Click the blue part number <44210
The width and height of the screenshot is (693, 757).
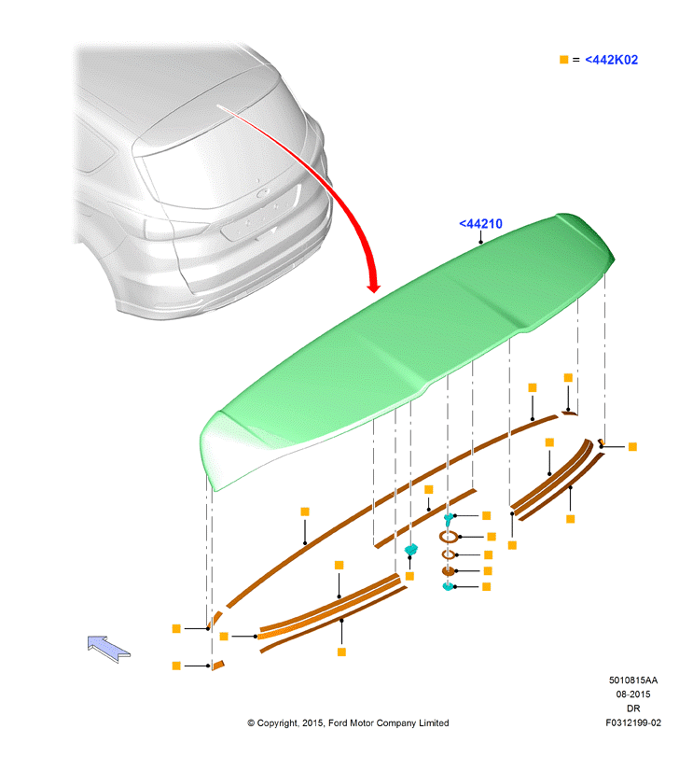click(480, 223)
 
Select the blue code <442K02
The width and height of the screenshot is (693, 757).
click(611, 60)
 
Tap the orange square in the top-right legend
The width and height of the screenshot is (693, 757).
click(563, 60)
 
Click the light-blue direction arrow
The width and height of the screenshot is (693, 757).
click(108, 649)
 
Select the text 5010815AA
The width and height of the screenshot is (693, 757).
click(632, 680)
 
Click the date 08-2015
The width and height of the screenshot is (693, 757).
click(632, 694)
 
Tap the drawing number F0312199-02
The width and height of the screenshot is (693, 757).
click(633, 722)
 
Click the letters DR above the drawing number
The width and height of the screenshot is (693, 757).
click(633, 708)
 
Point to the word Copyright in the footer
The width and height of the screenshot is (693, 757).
click(277, 723)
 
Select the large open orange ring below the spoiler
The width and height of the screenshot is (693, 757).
click(449, 537)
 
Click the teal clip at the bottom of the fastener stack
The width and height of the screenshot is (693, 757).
click(448, 586)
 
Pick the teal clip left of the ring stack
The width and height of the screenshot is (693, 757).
click(411, 550)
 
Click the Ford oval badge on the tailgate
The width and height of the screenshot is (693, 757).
click(263, 193)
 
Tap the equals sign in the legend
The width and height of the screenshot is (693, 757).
click(575, 60)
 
